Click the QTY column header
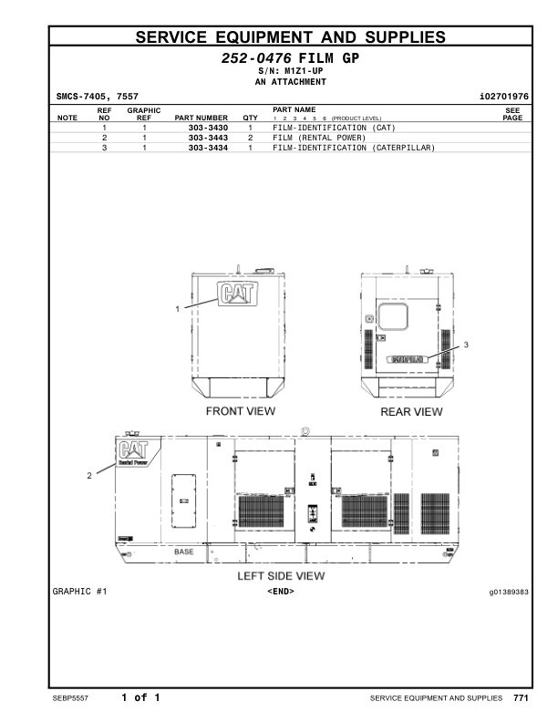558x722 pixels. (x=250, y=118)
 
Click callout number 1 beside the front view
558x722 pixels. (x=178, y=310)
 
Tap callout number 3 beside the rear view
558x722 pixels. (x=466, y=345)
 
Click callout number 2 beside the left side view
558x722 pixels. (x=88, y=475)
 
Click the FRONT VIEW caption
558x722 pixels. (x=241, y=412)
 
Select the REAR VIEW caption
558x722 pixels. (x=411, y=412)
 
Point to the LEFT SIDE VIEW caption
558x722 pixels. (x=281, y=576)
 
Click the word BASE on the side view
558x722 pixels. (x=183, y=552)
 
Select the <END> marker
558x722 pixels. (x=280, y=593)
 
